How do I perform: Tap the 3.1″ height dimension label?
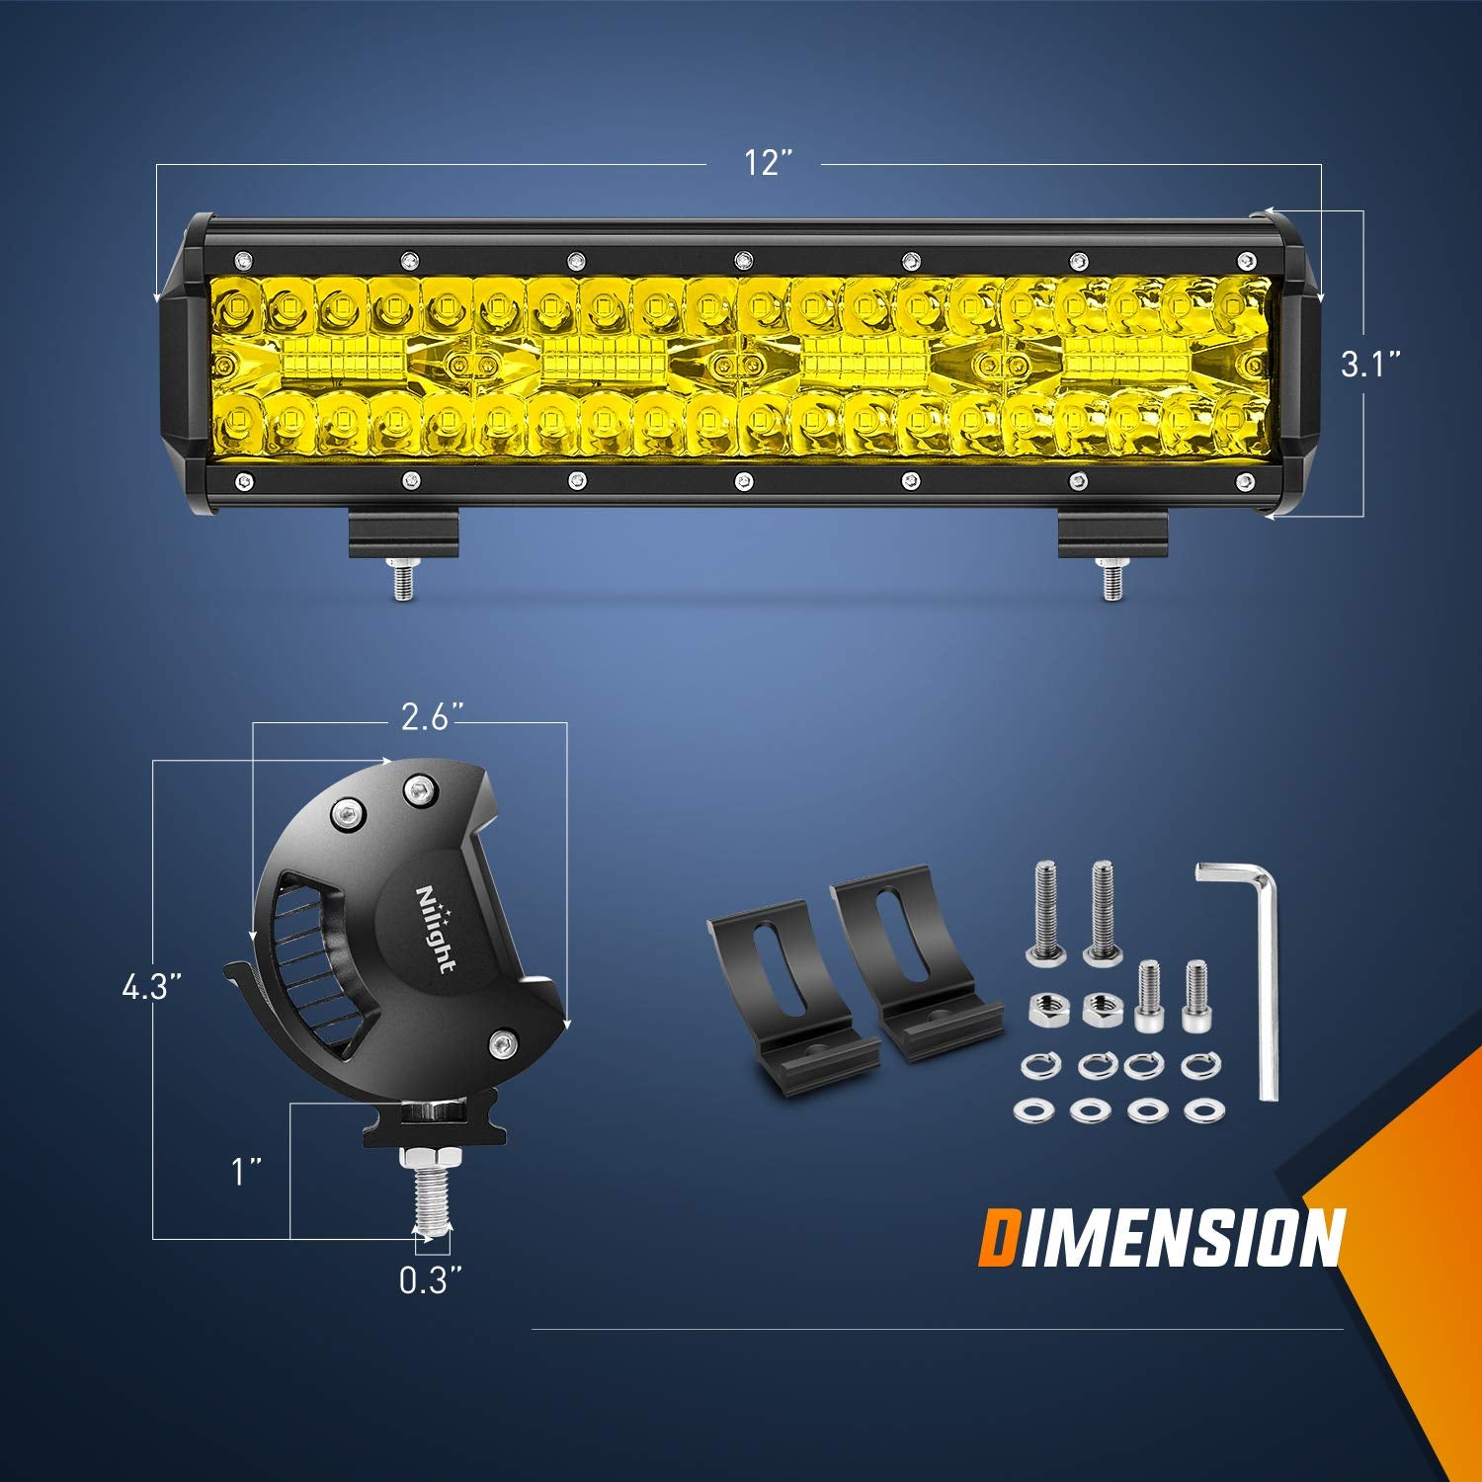coord(1371,365)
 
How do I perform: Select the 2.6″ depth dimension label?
coord(432,716)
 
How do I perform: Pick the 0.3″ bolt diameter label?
coord(431,1280)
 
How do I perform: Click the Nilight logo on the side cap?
coord(436,929)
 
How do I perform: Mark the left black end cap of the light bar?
coord(185,366)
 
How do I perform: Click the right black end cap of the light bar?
coord(1293,366)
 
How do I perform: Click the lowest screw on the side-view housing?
coord(504,1042)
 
